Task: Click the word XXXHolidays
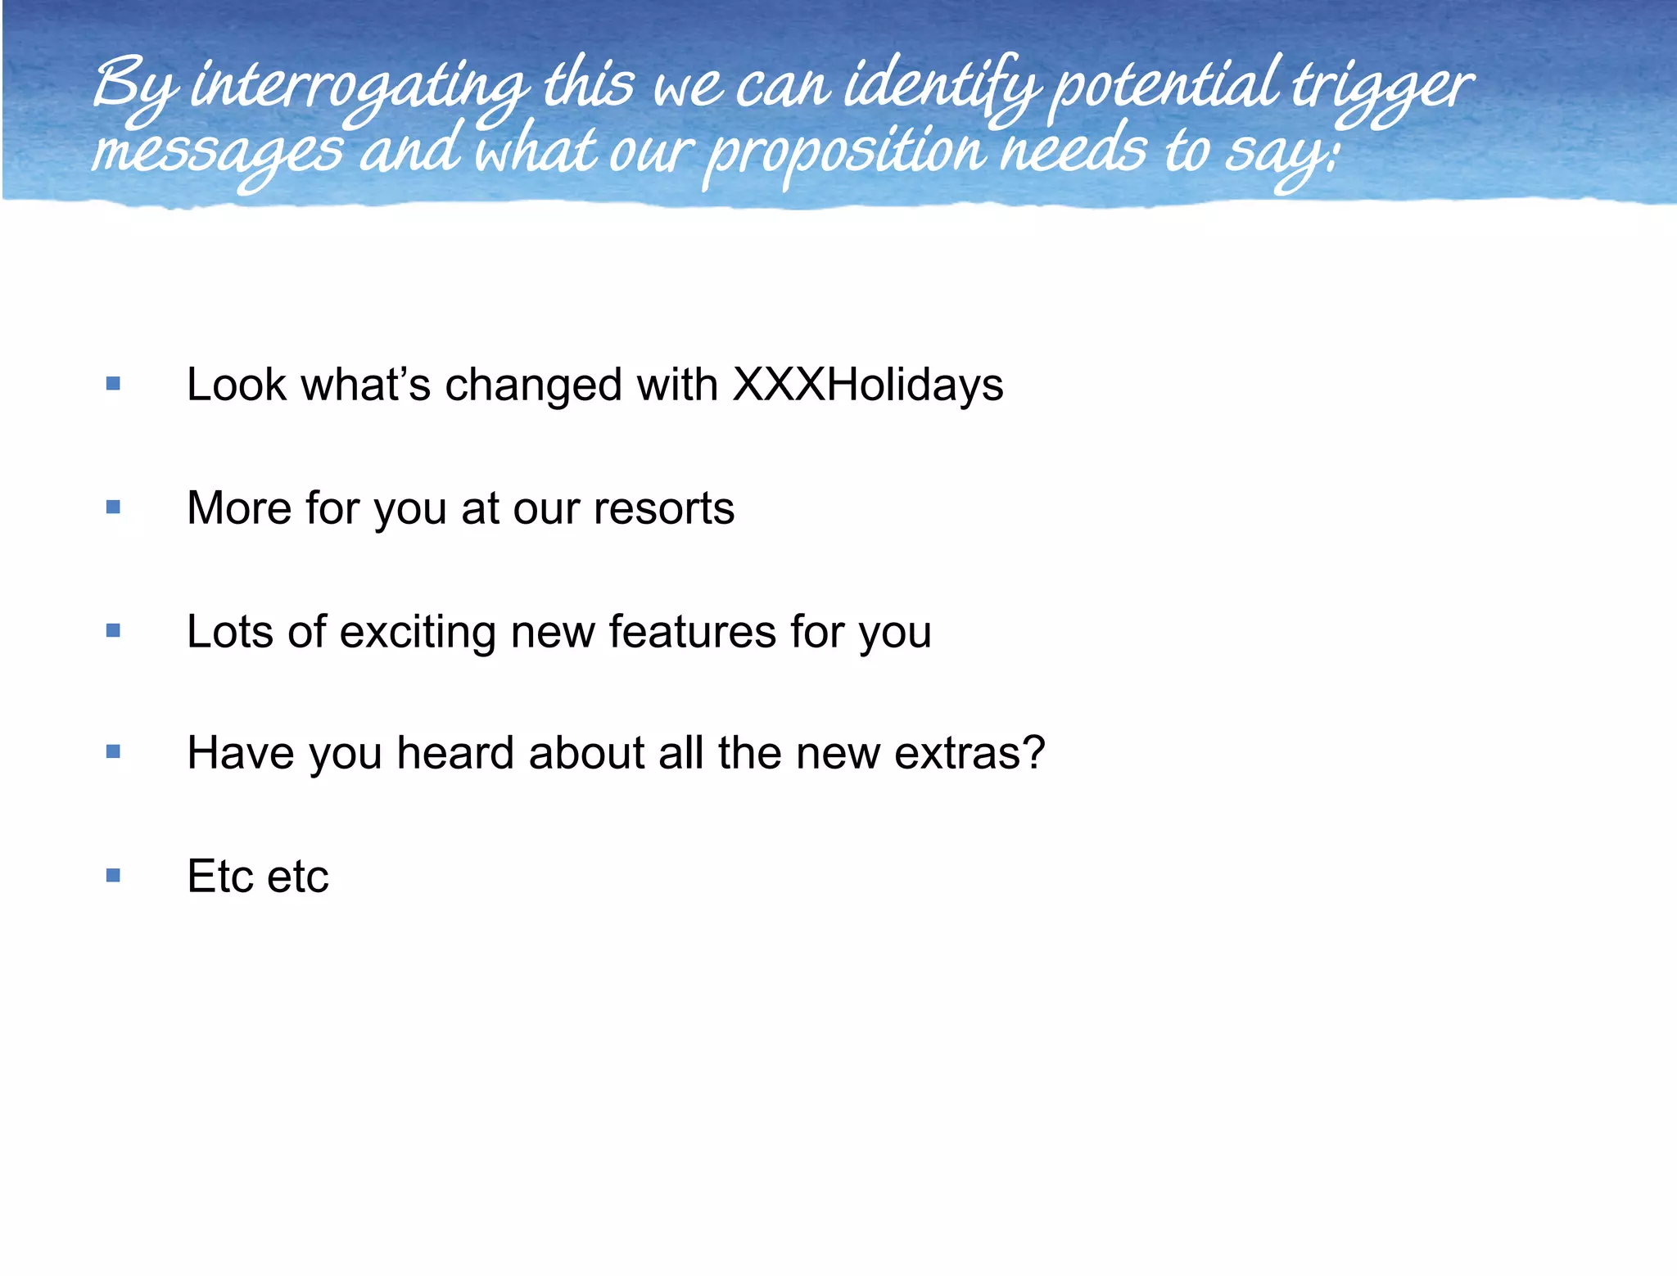[867, 384]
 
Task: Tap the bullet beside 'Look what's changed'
[113, 383]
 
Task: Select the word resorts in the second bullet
[664, 508]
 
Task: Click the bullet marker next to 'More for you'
[113, 507]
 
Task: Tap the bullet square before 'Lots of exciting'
[113, 630]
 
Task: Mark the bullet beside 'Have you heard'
[113, 751]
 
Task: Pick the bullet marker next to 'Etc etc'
[113, 876]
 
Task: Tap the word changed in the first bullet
[533, 384]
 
